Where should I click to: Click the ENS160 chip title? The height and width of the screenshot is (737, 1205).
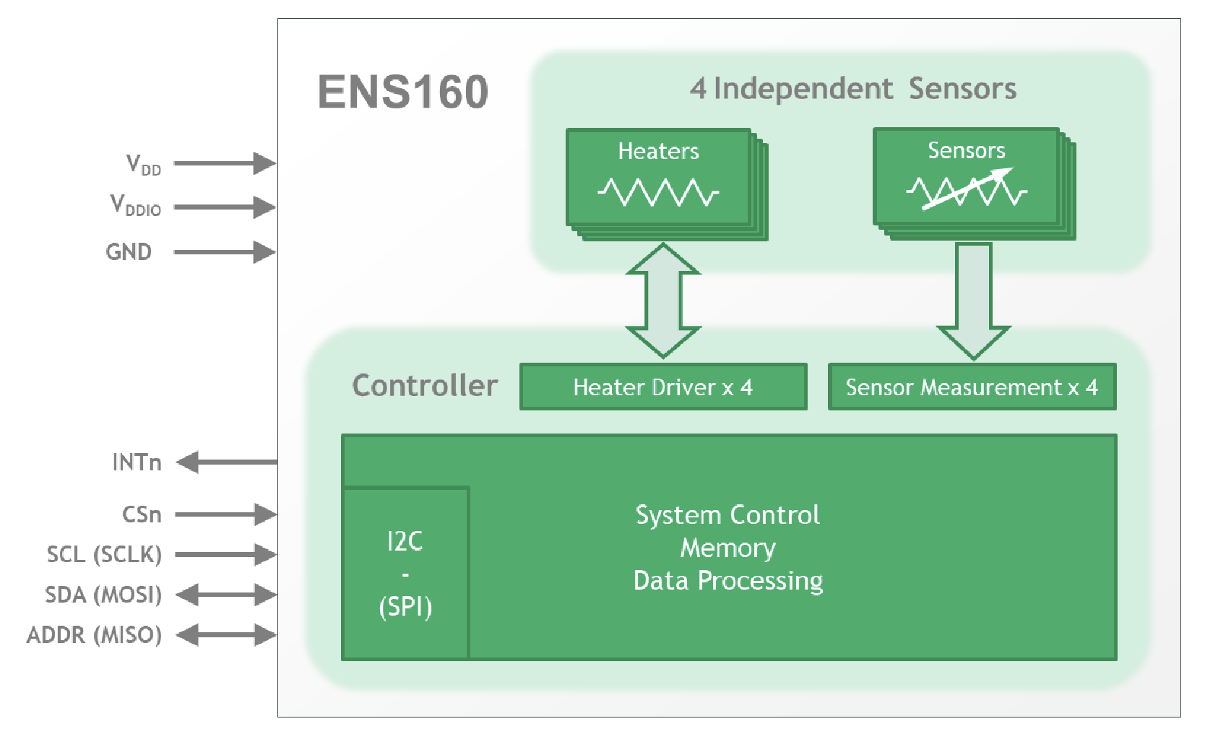(403, 92)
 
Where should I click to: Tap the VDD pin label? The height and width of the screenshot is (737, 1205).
(143, 165)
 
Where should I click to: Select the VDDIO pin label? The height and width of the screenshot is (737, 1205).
(135, 205)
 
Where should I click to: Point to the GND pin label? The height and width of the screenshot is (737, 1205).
(129, 251)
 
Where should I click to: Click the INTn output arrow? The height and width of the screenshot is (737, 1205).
(227, 462)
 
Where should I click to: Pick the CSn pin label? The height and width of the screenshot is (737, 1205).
(142, 514)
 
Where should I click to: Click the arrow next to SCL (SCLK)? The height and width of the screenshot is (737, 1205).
(225, 554)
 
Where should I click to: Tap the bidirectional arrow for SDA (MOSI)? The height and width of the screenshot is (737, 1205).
(226, 595)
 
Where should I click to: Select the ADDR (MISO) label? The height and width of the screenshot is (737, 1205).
(94, 635)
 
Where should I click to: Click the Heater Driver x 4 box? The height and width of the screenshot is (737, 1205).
(663, 387)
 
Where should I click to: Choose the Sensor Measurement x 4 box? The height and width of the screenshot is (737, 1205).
(972, 387)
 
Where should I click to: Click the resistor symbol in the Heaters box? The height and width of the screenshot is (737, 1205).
(658, 192)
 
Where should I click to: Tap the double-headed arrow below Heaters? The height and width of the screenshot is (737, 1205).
(663, 301)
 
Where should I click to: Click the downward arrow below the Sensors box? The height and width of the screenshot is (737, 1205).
(973, 301)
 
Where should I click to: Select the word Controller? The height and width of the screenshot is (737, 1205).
(425, 386)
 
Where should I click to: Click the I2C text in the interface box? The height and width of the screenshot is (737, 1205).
(405, 541)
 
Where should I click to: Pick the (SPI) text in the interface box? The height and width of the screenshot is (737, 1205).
(405, 607)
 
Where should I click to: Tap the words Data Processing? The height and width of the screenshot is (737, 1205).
(728, 581)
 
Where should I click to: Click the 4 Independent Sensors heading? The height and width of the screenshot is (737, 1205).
(852, 89)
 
